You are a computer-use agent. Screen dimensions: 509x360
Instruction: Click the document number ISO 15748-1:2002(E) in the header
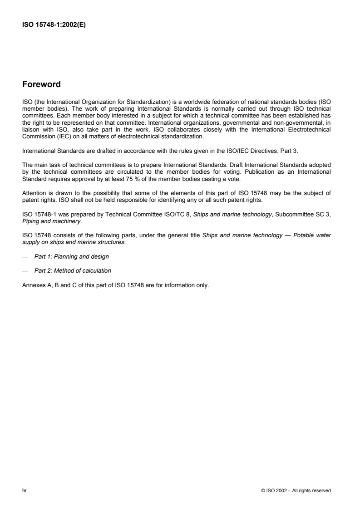point(54,25)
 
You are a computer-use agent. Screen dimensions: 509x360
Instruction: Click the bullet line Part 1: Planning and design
point(72,257)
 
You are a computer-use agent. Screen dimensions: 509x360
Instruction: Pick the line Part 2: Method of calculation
point(73,271)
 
